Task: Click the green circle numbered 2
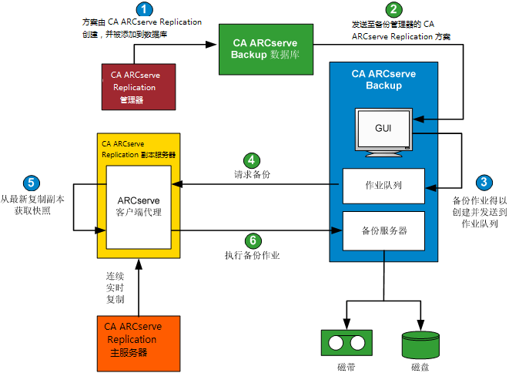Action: (394, 10)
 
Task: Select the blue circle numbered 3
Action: (484, 183)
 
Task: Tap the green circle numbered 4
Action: (251, 160)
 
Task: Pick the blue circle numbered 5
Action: (31, 183)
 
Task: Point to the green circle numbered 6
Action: (251, 240)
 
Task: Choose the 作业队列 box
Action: (383, 186)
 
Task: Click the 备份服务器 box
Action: (383, 230)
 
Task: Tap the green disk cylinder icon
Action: (420, 344)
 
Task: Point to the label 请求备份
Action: (252, 175)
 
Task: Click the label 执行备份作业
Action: (252, 256)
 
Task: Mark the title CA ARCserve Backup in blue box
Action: (383, 79)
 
